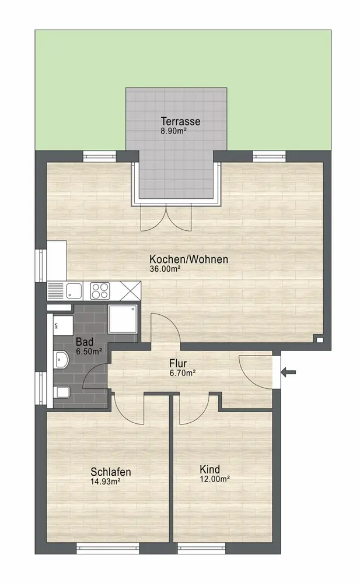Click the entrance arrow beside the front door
tap(288, 371)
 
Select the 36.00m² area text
tap(165, 269)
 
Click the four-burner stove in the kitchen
tap(100, 291)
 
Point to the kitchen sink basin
tap(75, 290)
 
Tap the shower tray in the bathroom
tap(123, 319)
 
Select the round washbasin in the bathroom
tap(61, 360)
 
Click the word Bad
tap(85, 342)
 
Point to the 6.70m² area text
tap(183, 373)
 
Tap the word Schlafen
tap(111, 472)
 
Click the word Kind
tap(210, 469)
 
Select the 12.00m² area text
tap(215, 479)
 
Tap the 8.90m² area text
tap(173, 131)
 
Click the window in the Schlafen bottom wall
tap(108, 549)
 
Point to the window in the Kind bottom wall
tap(202, 549)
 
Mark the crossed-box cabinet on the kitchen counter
tap(131, 291)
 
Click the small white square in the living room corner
tap(319, 339)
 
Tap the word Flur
tap(178, 363)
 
